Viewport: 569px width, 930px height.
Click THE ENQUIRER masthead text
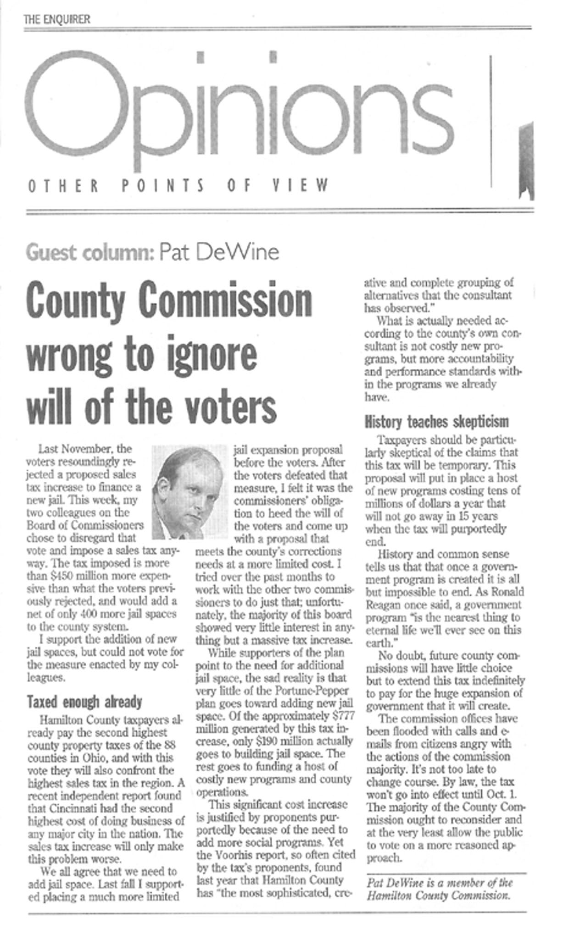[57, 19]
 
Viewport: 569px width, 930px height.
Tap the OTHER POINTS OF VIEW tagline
[179, 186]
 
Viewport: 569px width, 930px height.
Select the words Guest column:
[90, 252]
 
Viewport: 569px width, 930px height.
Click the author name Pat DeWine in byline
[218, 252]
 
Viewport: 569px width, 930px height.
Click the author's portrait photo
[190, 491]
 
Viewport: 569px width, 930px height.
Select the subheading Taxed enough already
[84, 702]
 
